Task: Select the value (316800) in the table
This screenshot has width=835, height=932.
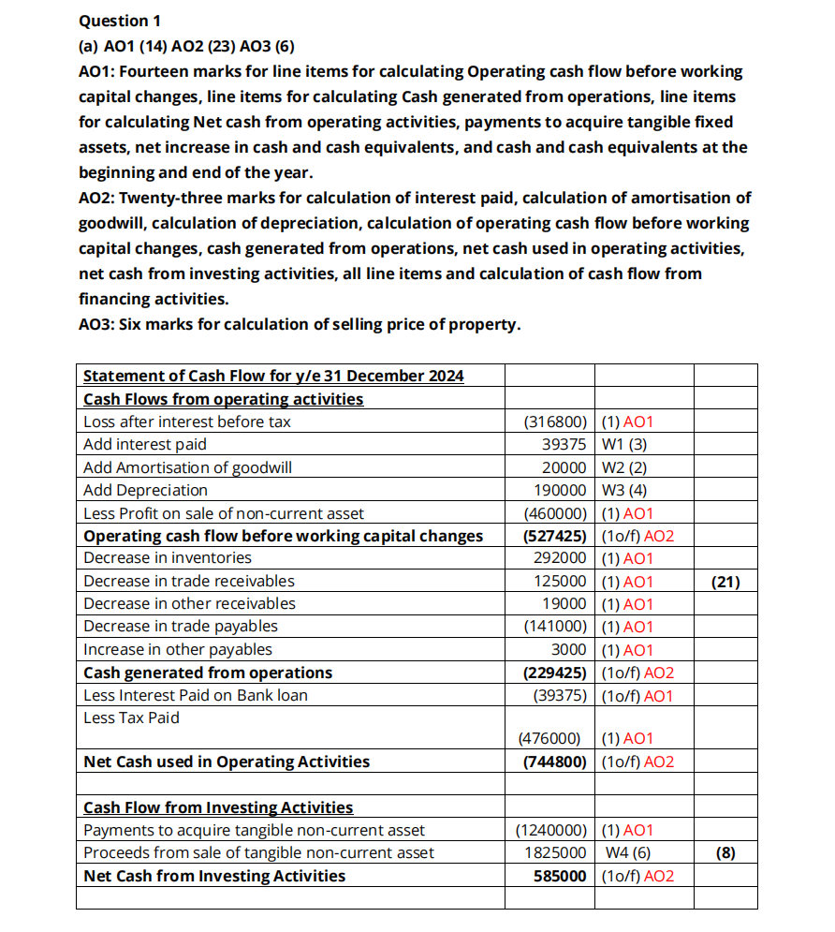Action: [x=556, y=422]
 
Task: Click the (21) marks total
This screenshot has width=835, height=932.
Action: [x=725, y=582]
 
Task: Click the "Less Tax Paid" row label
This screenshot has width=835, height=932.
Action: [x=131, y=718]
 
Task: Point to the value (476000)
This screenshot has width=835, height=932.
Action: [x=553, y=739]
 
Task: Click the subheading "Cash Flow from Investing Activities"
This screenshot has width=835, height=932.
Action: [x=218, y=807]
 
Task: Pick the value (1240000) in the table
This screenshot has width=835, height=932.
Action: [x=552, y=831]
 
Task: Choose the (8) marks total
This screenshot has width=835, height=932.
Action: [x=725, y=853]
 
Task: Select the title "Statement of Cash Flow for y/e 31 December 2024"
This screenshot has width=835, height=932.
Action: [x=273, y=377]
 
